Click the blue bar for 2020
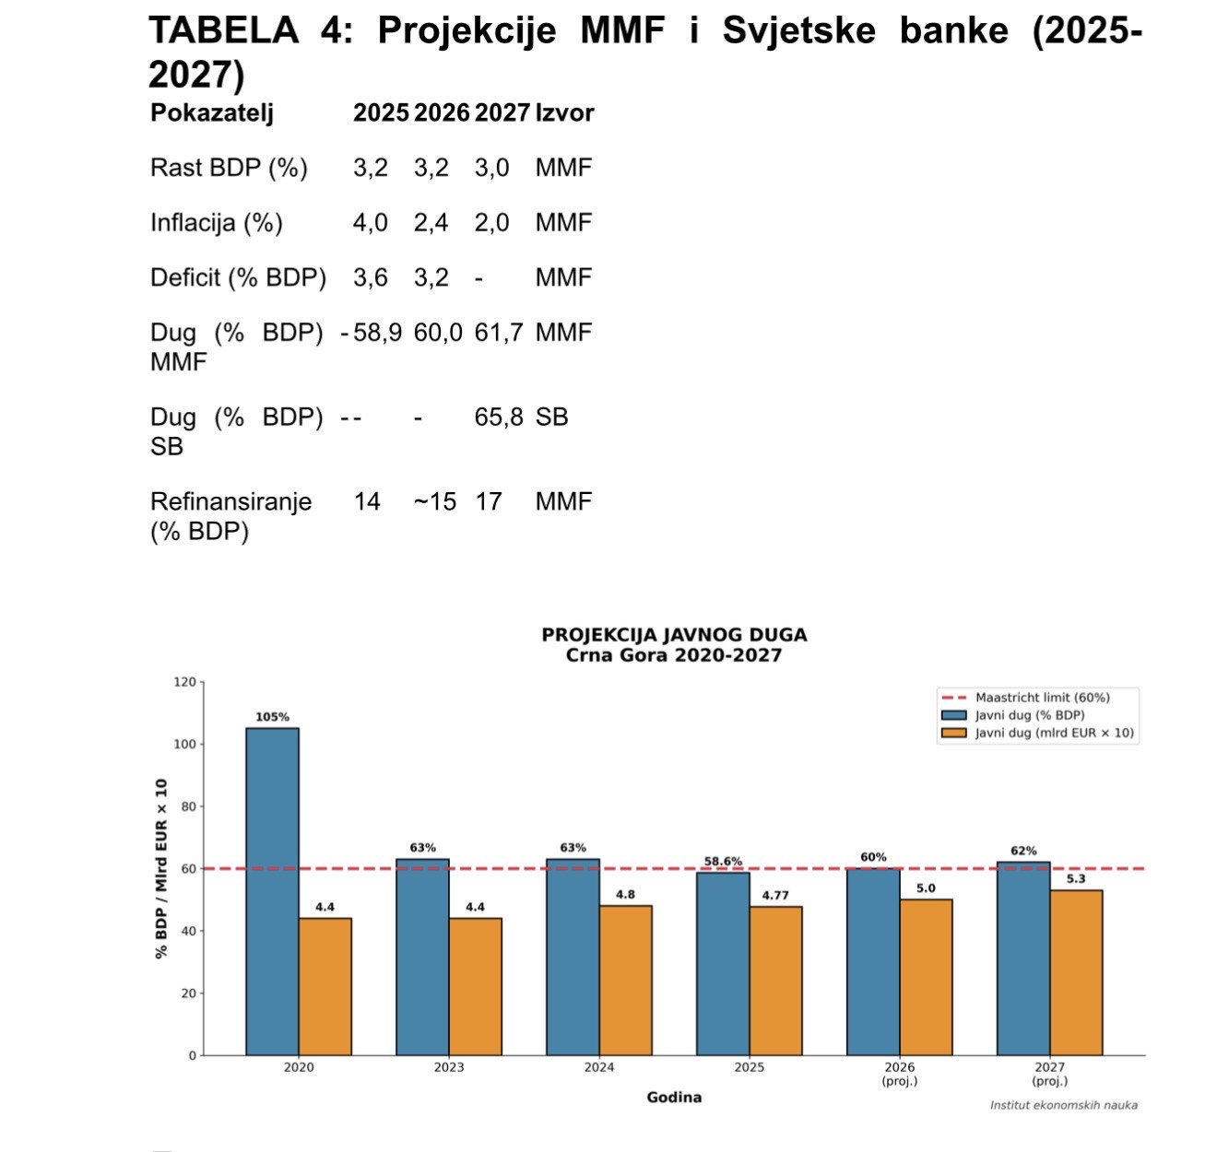click(272, 891)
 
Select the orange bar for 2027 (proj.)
click(1076, 972)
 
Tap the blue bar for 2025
click(723, 963)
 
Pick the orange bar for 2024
click(625, 980)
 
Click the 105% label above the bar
click(272, 717)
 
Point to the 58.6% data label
click(723, 862)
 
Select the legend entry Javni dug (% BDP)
click(1029, 715)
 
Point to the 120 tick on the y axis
click(184, 682)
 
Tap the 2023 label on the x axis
click(449, 1067)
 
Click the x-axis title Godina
click(674, 1097)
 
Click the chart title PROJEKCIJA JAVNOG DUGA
click(674, 635)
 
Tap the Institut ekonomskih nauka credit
click(1063, 1105)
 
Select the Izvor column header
click(564, 112)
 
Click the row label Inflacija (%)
click(217, 223)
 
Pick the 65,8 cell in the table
click(498, 417)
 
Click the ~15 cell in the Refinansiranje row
click(434, 502)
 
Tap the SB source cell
click(551, 417)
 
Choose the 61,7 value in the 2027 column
click(498, 333)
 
